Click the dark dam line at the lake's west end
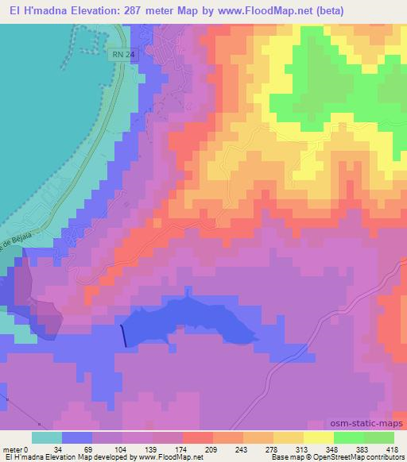123,336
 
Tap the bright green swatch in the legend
348,437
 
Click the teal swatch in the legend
46,437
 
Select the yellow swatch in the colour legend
318,437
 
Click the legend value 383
363,450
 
